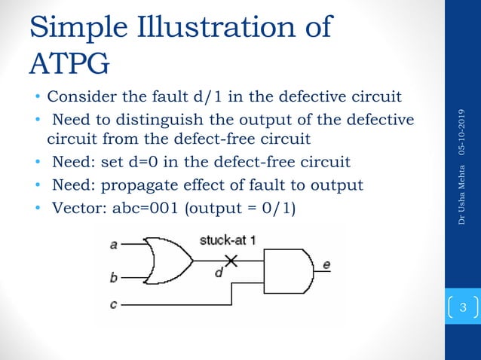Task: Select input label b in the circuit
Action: pos(114,278)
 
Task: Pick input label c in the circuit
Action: pos(114,304)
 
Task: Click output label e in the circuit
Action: pos(326,264)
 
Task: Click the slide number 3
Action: pos(464,307)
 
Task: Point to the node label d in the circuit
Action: pos(218,273)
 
